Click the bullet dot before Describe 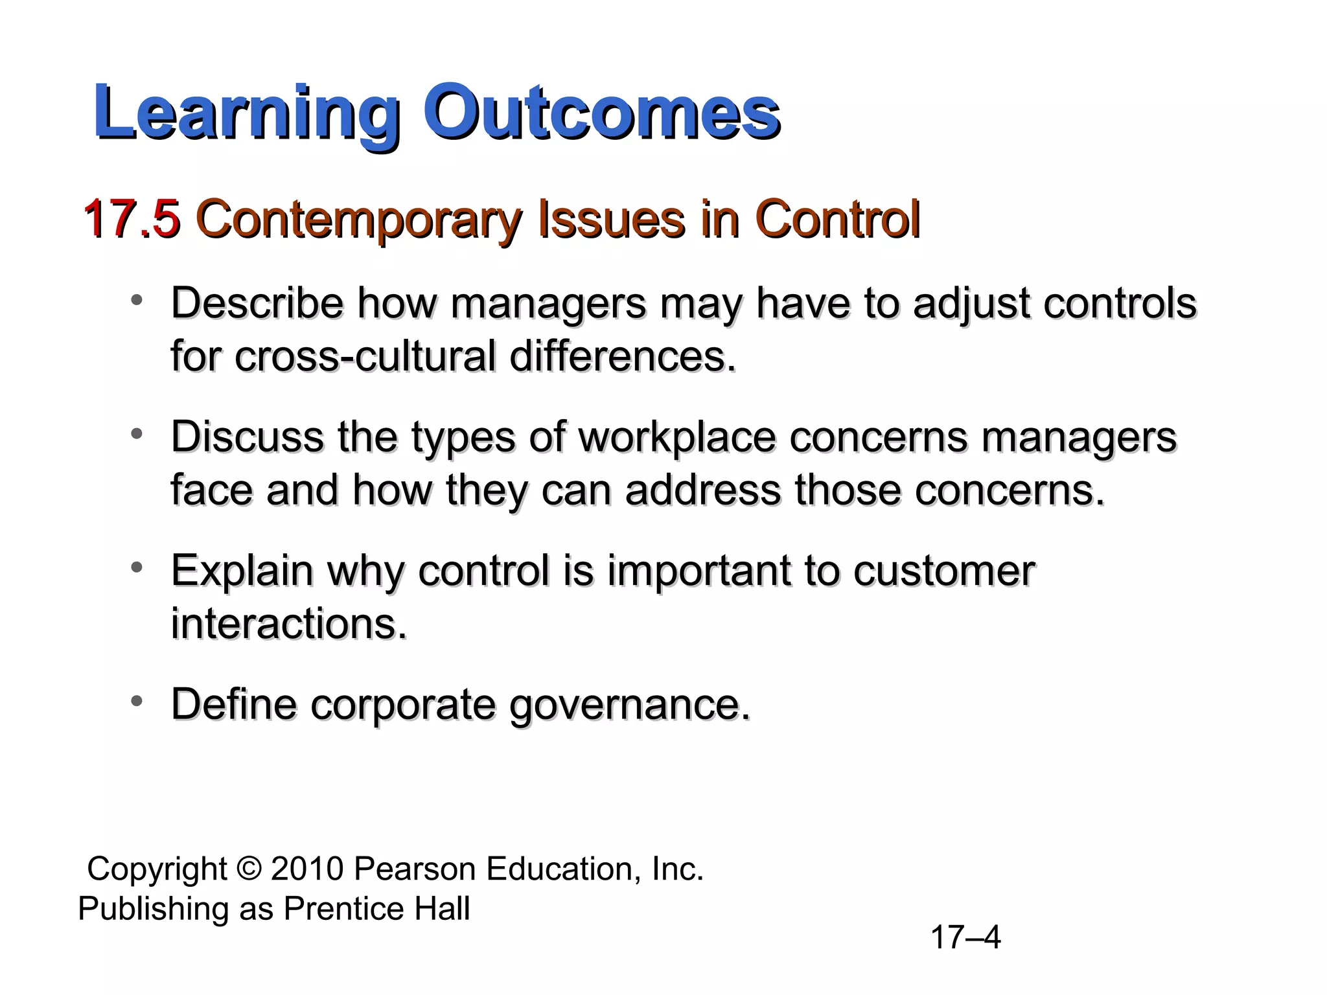pyautogui.click(x=136, y=300)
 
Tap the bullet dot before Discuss pyautogui.click(x=136, y=433)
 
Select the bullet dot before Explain pyautogui.click(x=136, y=568)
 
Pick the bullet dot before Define pyautogui.click(x=136, y=701)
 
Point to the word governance pyautogui.click(x=629, y=705)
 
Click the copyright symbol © pyautogui.click(x=249, y=869)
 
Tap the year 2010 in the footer pyautogui.click(x=306, y=869)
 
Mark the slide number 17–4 pyautogui.click(x=965, y=937)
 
